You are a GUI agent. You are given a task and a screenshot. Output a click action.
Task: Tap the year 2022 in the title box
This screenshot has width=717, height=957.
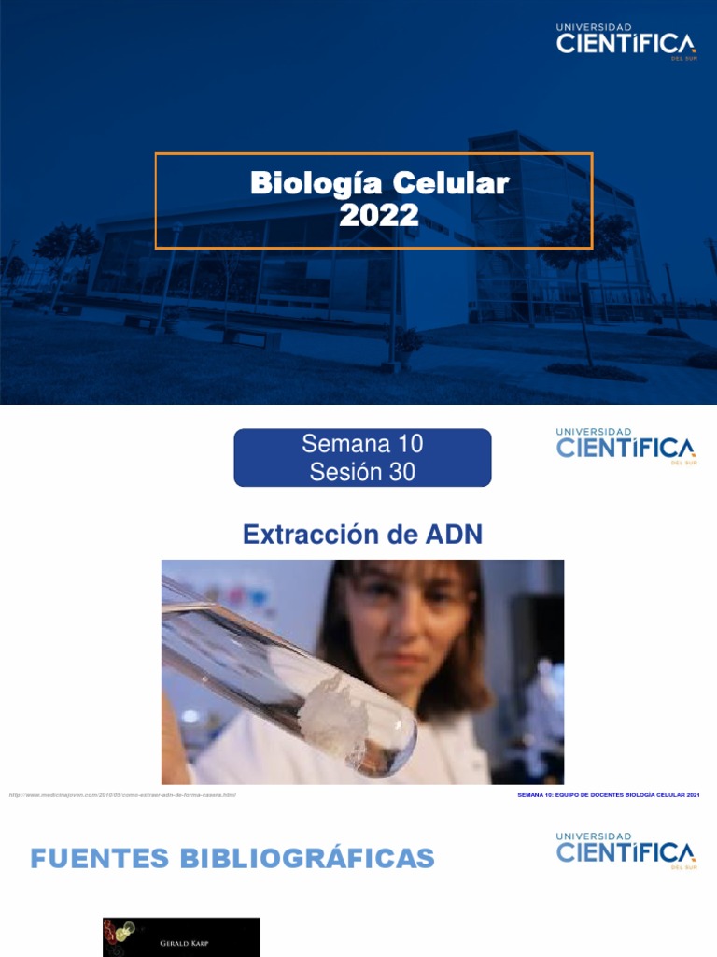379,217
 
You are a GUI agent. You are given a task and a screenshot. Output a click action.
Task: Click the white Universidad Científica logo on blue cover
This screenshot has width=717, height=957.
626,42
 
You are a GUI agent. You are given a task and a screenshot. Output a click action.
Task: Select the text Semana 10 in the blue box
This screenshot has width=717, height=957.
362,444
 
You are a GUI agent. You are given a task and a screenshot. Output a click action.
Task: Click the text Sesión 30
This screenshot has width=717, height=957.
362,472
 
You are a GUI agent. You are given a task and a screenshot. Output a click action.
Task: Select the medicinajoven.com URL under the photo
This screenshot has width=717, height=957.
122,795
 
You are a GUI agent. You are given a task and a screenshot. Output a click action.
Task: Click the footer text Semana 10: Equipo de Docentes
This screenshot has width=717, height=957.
608,795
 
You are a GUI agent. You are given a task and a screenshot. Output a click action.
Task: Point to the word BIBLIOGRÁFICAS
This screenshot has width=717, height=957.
312,858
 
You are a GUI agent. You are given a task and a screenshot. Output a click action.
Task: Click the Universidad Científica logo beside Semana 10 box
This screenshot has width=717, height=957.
626,445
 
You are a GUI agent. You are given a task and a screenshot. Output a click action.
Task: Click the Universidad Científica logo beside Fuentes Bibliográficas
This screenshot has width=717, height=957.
626,850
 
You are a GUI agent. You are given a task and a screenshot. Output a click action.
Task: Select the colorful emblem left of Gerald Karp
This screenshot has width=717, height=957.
119,935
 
